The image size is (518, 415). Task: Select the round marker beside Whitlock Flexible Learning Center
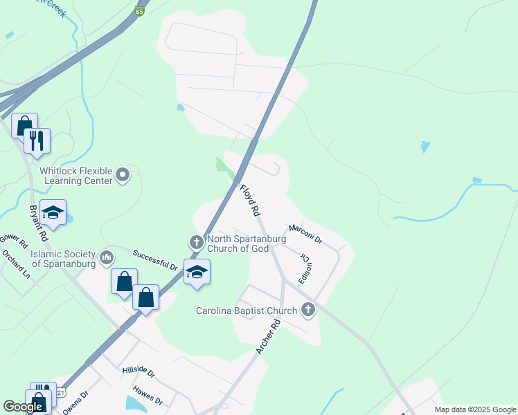[123, 174]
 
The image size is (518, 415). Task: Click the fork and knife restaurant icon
[37, 140]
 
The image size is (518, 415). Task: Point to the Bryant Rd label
[38, 222]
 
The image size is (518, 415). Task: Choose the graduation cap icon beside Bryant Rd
[53, 212]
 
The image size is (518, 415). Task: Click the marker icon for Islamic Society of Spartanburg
[107, 259]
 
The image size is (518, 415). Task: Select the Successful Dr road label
[155, 259]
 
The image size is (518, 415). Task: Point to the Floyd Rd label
[249, 199]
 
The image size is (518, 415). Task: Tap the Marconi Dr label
[305, 234]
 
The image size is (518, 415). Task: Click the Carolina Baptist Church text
[246, 311]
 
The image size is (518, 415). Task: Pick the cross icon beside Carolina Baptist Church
[308, 311]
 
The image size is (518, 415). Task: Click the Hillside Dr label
[139, 372]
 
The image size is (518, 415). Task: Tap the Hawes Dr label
[148, 395]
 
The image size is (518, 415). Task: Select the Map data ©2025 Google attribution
[476, 409]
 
